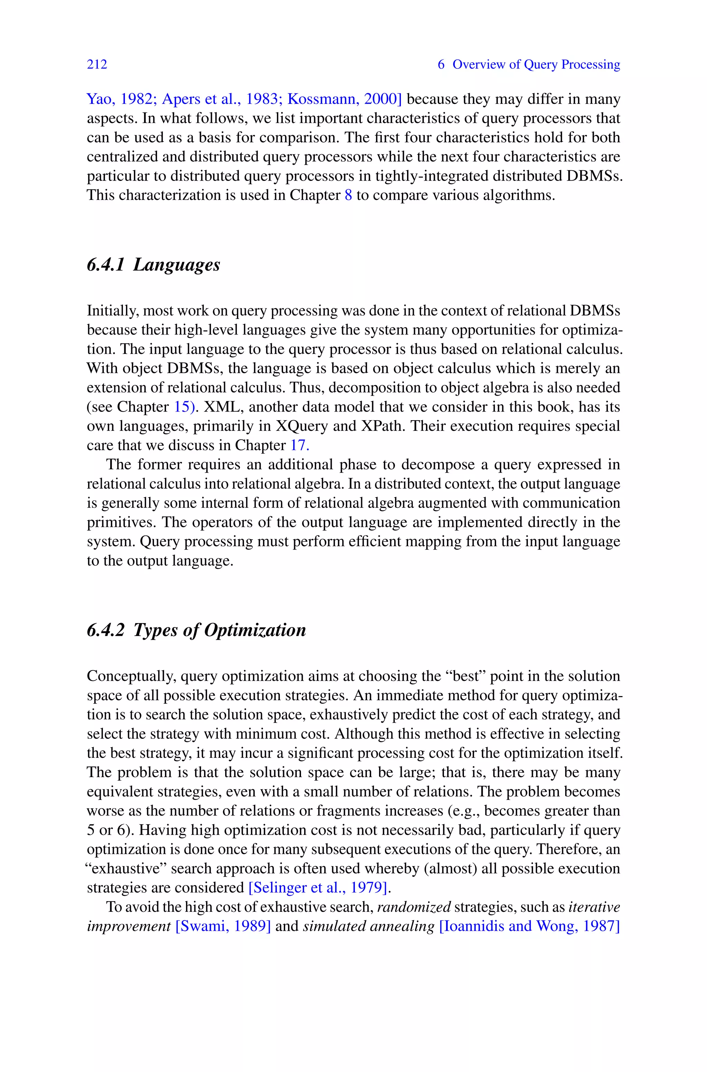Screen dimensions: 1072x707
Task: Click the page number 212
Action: point(97,65)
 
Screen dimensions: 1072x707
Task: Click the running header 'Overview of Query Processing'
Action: point(536,65)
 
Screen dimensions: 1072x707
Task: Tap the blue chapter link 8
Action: point(348,195)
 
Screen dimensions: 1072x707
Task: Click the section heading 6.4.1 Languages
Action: point(153,264)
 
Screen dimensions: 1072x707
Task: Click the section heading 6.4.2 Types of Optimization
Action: point(196,630)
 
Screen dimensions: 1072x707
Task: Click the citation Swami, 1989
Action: point(223,926)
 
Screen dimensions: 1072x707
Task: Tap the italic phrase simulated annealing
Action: point(368,926)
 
